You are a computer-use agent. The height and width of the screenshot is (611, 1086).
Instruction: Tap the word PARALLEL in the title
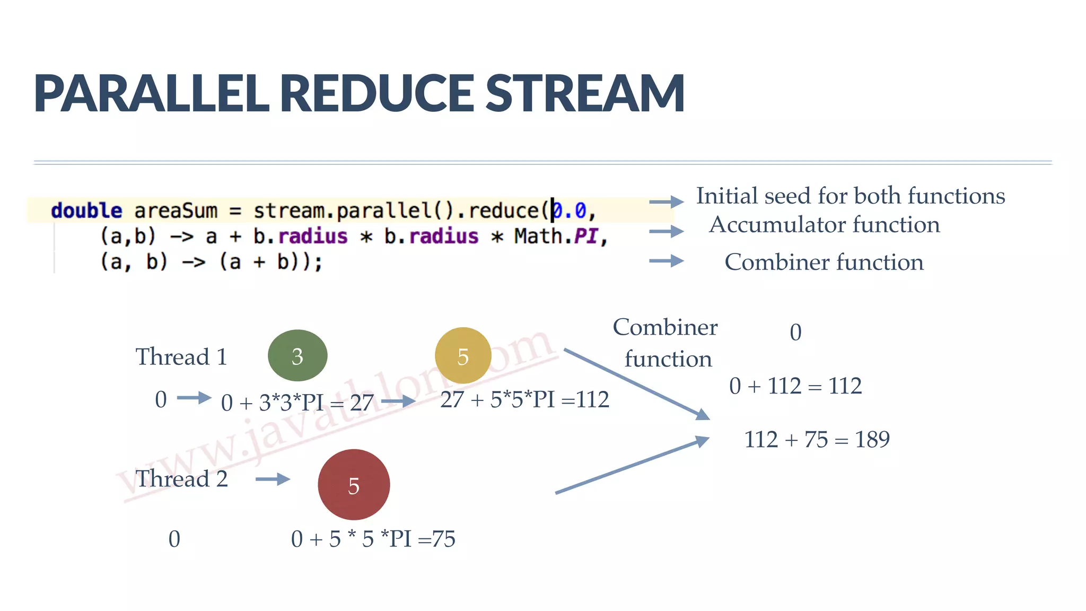(x=152, y=94)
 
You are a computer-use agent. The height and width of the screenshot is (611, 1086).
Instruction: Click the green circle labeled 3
(x=297, y=356)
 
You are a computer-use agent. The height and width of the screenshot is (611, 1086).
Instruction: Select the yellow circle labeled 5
(x=463, y=356)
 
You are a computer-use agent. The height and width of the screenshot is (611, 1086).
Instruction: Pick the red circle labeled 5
(x=354, y=485)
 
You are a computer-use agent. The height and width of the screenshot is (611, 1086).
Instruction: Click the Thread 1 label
(x=181, y=357)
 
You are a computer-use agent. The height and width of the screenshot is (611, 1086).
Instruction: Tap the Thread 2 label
(x=181, y=479)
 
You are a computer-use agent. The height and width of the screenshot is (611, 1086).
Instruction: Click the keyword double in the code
(x=86, y=211)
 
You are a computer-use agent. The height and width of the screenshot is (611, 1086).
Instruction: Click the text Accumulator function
(x=825, y=225)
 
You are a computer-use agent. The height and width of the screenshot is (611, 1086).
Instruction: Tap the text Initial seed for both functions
(x=850, y=196)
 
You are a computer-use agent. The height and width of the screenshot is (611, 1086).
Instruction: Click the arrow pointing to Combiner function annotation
(x=666, y=261)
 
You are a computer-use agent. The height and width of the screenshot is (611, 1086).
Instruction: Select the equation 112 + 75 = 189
(x=817, y=440)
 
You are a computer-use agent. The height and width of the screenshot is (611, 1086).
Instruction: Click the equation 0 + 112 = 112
(x=795, y=386)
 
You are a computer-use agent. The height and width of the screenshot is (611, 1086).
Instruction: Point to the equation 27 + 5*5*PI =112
(x=524, y=400)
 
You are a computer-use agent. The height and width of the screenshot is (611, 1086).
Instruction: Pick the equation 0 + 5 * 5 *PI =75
(x=373, y=539)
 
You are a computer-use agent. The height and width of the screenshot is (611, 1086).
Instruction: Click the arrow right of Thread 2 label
(x=273, y=479)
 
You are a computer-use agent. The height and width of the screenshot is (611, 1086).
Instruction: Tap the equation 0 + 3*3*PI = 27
(x=297, y=403)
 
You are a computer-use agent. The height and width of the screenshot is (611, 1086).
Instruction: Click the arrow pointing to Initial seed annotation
(x=666, y=202)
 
